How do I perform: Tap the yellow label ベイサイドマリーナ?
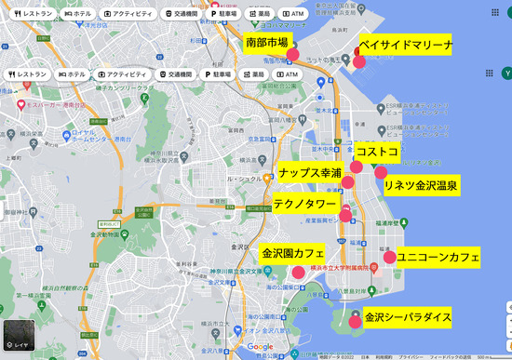coord(406,45)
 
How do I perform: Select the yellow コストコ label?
coord(377,151)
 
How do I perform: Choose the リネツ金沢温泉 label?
coord(422,185)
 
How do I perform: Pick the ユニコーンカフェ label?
coord(438,256)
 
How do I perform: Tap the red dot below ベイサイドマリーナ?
coord(359,61)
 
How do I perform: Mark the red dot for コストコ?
coord(356,167)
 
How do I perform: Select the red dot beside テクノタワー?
coord(345,216)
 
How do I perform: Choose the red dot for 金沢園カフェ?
coord(298,273)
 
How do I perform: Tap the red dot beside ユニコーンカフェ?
coord(389,257)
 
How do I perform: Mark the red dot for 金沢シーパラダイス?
coord(355,321)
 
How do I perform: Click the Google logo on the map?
coord(262,348)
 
